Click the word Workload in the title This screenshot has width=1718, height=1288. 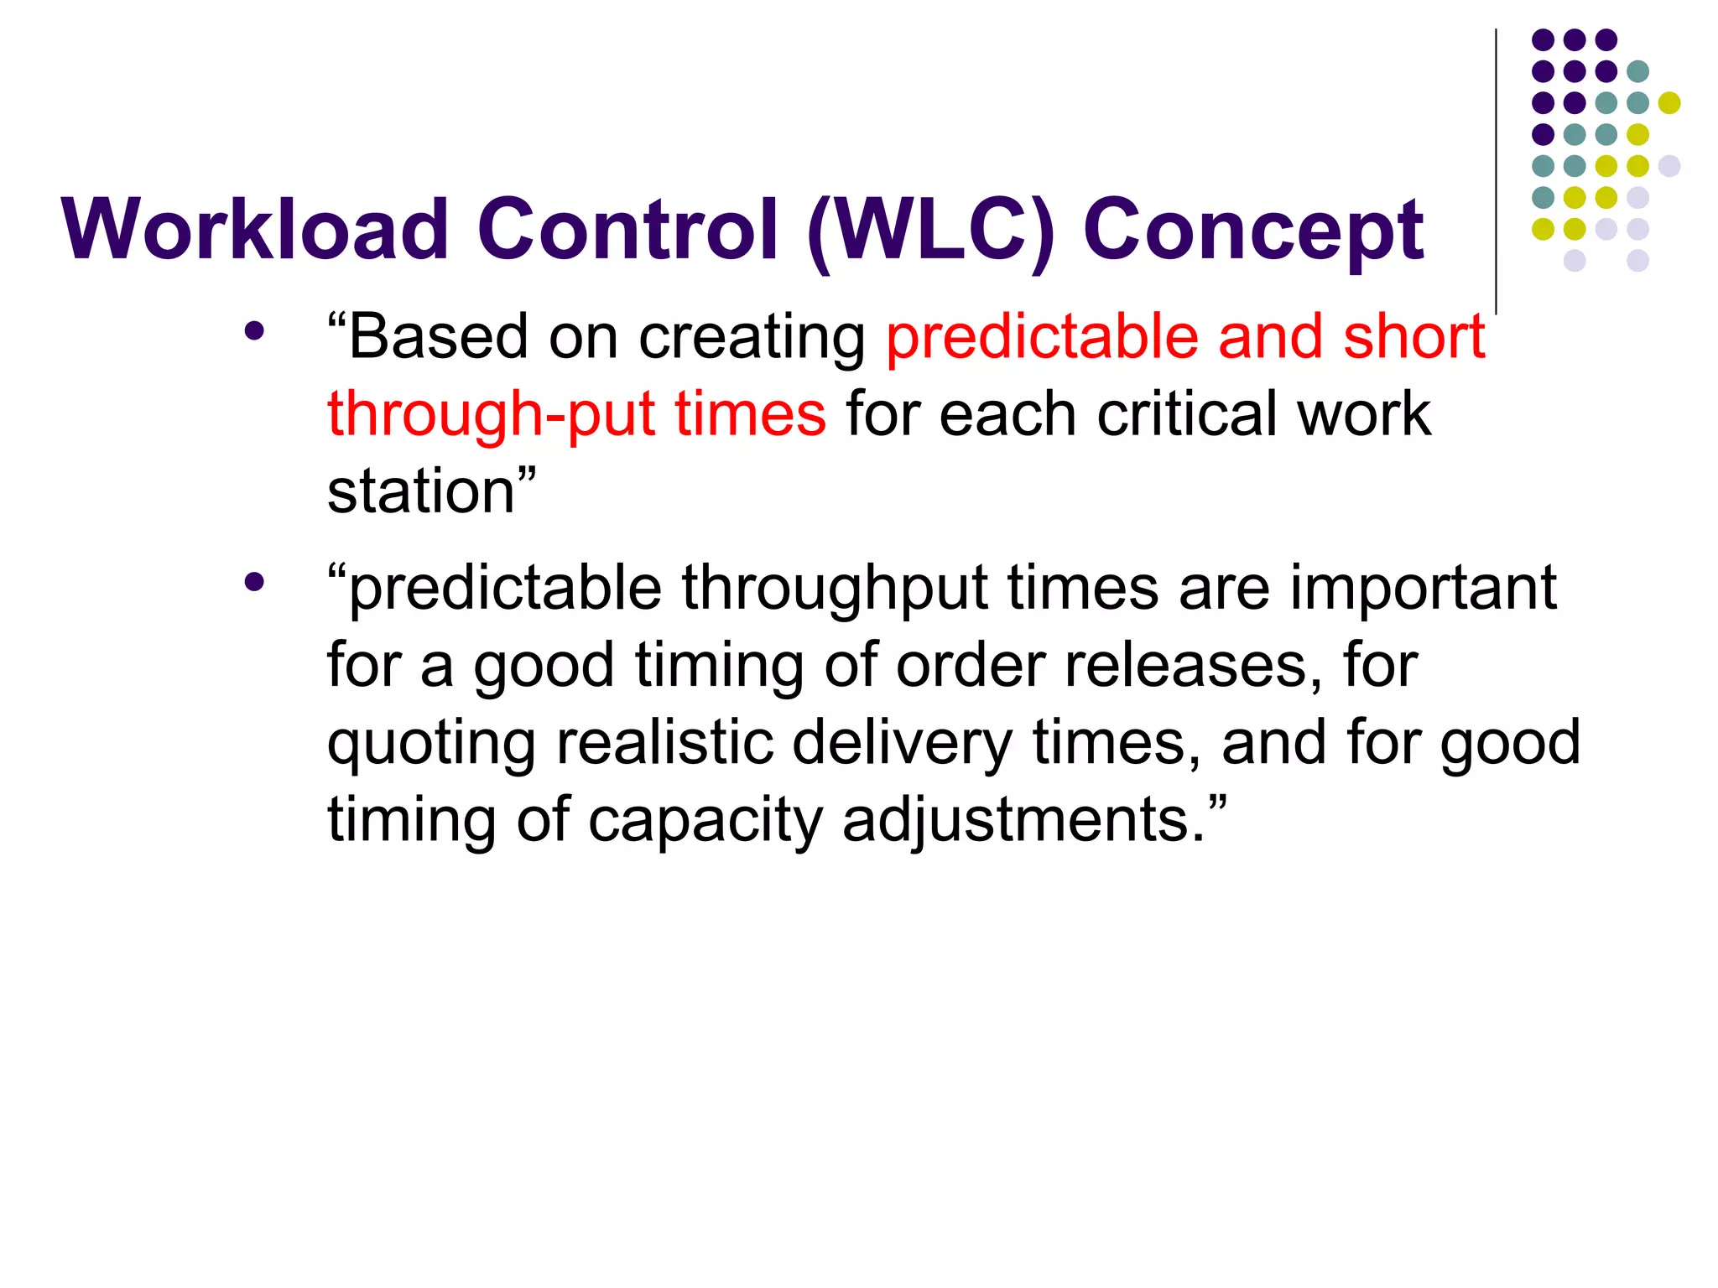(255, 229)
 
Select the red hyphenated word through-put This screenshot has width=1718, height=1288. (491, 415)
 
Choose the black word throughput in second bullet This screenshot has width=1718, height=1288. (834, 589)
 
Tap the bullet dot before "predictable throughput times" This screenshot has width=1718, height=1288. (254, 581)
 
